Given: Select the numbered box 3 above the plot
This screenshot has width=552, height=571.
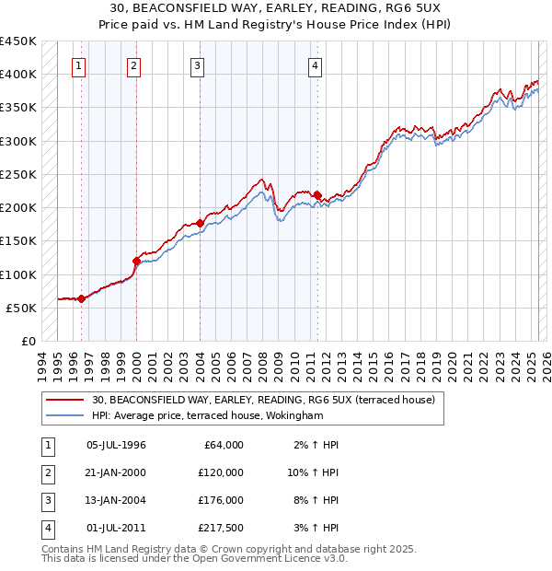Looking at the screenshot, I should [198, 65].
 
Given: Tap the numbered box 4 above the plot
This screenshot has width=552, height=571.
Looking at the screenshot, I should [315, 65].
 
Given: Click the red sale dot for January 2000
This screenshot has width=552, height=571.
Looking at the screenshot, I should [136, 261].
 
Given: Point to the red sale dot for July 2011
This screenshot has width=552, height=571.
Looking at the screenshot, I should [317, 195].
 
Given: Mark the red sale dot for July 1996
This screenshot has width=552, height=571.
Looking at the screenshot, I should [81, 298].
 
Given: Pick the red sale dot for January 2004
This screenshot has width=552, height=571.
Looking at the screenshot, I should [200, 223].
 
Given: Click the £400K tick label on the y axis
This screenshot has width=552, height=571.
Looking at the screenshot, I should [18, 75].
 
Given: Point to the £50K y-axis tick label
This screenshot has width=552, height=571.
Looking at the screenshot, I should [22, 309].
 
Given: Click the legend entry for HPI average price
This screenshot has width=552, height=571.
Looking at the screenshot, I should [208, 415].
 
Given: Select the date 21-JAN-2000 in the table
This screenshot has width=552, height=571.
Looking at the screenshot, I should [116, 472].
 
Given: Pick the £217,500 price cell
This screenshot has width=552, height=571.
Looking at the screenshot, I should [221, 528].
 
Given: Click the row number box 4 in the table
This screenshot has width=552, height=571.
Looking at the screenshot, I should [46, 528].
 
